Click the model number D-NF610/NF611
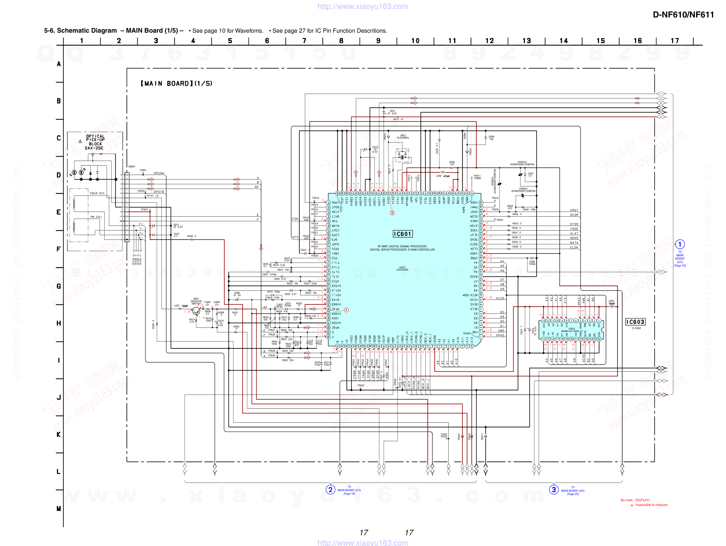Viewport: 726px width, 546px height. pos(683,15)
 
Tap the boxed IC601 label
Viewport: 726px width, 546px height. pos(402,234)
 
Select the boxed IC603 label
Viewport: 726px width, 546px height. pos(635,322)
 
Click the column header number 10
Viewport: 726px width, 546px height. pos(415,41)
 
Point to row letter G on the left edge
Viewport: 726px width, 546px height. pos(59,286)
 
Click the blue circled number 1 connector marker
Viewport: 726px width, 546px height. pos(679,244)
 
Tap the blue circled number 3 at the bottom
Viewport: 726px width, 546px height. pos(554,490)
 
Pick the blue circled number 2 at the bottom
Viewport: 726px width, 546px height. pos(330,490)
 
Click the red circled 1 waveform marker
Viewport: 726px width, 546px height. pos(346,310)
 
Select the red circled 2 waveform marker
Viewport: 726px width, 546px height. pos(392,213)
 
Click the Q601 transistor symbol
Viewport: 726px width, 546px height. pos(196,311)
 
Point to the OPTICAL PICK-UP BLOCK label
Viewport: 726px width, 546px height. pos(95,142)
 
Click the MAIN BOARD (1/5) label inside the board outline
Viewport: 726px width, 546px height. pos(177,84)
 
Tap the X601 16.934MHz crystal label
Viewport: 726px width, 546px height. pos(403,137)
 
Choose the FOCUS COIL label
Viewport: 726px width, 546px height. pos(97,193)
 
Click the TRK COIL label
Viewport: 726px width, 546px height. pos(96,217)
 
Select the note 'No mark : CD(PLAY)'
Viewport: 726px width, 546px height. pos(635,500)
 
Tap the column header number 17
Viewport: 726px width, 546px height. pos(675,41)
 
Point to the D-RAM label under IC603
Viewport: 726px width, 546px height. pos(636,328)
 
